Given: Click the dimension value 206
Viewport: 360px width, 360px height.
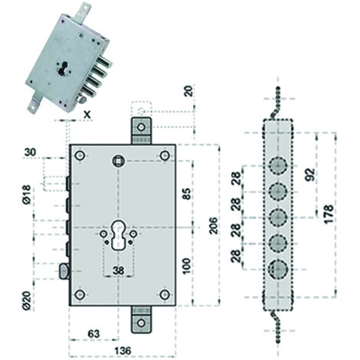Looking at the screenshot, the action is pos(213,225).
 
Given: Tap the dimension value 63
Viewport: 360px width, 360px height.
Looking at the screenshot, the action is pos(93,333).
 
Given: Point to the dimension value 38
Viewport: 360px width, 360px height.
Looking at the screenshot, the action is pos(118,270).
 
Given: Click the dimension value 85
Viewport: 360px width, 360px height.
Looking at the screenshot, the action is pos(187,194).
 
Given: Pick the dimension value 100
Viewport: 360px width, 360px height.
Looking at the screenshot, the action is pos(187,266).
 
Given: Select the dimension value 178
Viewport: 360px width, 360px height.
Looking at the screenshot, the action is pos(329,214).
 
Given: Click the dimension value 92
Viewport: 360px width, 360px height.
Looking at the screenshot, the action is pos(310,175).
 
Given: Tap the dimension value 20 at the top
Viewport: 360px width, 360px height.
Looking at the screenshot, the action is pos(188,91).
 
